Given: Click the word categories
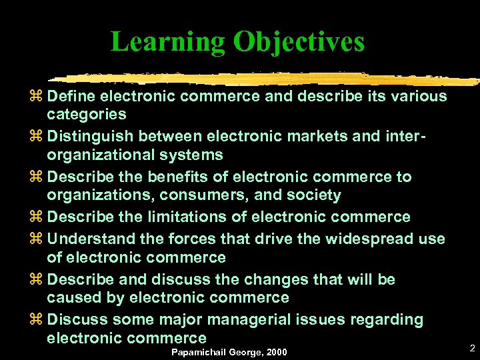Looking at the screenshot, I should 87,115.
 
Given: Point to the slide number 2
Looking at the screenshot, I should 471,348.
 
